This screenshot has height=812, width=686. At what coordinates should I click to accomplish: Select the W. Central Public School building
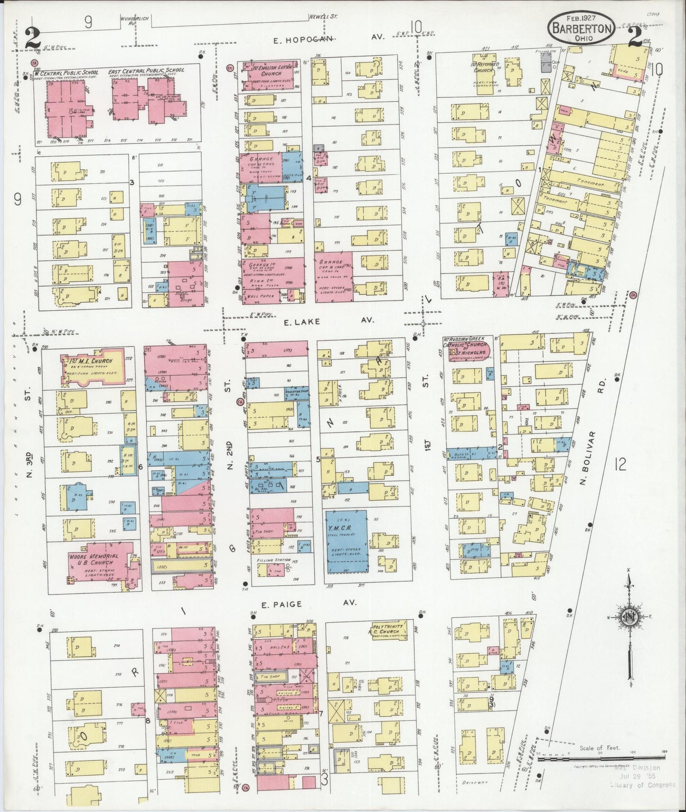pyautogui.click(x=66, y=105)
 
